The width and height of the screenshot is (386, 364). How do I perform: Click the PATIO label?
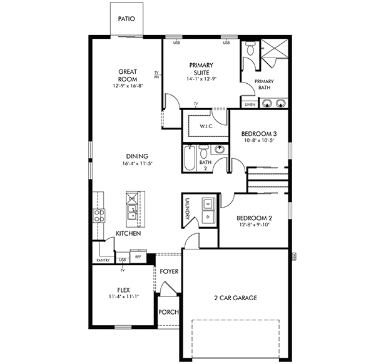(x=127, y=18)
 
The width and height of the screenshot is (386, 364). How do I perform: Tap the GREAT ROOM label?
(x=128, y=75)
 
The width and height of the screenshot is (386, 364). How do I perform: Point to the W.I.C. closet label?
(x=208, y=127)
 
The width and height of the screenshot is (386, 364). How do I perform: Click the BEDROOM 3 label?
(x=258, y=134)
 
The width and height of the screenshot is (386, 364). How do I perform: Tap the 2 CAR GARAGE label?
(x=236, y=298)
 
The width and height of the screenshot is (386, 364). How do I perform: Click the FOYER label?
(x=169, y=272)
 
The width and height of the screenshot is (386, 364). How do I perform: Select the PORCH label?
(x=168, y=312)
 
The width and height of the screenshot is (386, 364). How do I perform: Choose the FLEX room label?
(x=122, y=291)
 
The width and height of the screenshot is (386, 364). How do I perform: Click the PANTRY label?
(x=103, y=260)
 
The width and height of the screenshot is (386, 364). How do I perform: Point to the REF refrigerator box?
(x=138, y=256)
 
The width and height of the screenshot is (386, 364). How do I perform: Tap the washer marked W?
(x=208, y=204)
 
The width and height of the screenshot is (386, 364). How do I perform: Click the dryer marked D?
(x=208, y=216)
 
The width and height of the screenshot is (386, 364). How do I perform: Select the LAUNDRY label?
(x=187, y=208)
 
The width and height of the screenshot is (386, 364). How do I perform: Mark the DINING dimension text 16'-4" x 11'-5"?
(x=138, y=164)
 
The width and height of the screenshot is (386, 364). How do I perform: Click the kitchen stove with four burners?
(x=99, y=216)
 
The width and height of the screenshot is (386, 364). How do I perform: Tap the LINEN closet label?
(x=250, y=104)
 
